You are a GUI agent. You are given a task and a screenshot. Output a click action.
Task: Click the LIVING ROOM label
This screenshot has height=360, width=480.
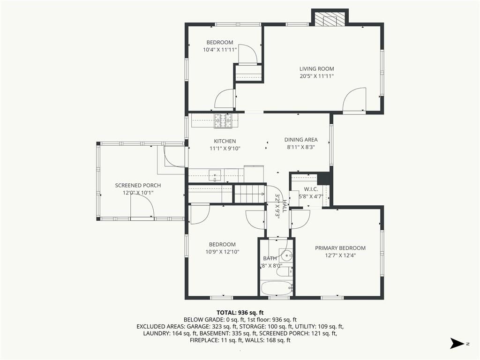[316, 69]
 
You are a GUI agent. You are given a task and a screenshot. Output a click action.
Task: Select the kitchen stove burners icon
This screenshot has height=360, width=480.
[223, 120]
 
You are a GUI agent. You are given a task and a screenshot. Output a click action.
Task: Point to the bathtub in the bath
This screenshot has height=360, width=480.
[277, 288]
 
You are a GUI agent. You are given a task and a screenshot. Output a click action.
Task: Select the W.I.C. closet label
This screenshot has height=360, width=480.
[311, 189]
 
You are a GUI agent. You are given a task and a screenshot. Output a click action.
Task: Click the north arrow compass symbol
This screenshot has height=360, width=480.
[457, 343]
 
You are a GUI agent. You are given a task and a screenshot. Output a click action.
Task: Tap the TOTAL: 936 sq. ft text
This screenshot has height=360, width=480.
[240, 313]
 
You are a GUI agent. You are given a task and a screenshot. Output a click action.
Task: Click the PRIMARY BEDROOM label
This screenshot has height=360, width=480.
[340, 248]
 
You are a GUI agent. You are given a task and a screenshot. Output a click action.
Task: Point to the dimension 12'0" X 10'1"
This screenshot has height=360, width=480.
[138, 193]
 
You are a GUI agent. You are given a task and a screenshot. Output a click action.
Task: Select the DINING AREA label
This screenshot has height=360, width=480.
[301, 140]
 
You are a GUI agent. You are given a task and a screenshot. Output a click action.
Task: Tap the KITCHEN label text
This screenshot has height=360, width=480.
[225, 141]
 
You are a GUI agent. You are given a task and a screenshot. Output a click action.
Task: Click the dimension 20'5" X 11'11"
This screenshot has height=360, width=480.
[316, 76]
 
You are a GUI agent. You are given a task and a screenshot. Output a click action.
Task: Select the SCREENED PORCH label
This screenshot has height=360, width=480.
[138, 185]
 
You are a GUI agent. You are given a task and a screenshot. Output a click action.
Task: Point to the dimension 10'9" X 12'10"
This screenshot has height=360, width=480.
[222, 252]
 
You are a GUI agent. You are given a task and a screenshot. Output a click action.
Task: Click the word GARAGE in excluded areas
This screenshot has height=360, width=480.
[197, 326]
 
